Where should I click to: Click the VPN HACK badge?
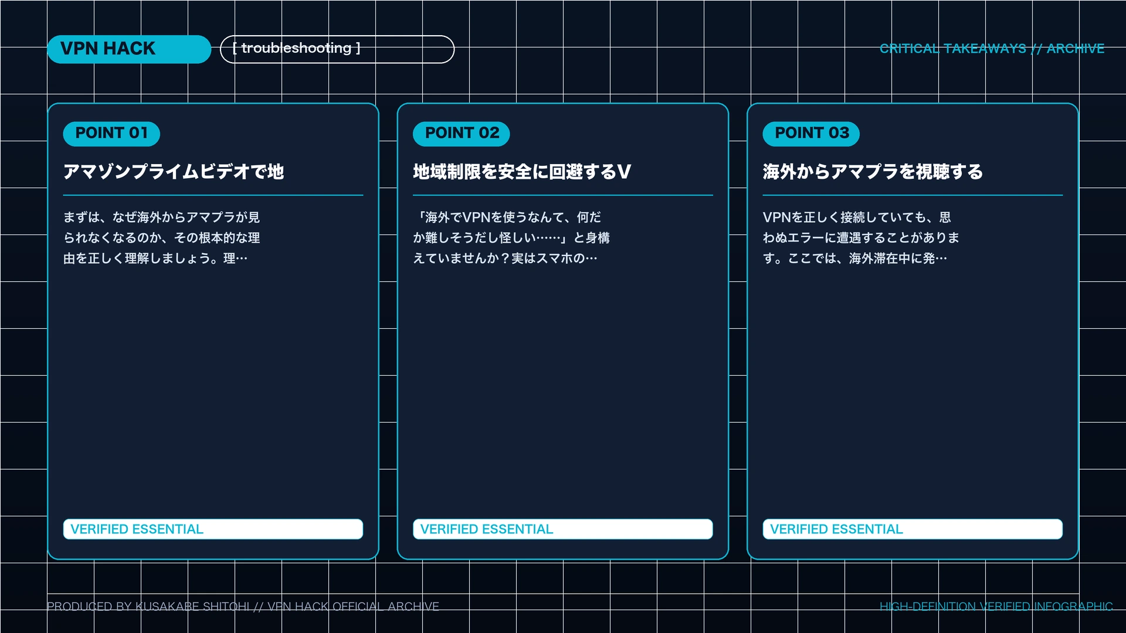(129, 49)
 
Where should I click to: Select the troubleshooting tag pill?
(337, 49)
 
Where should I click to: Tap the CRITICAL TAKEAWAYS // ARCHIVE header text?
(992, 49)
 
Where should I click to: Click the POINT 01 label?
(111, 134)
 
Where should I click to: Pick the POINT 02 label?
(462, 134)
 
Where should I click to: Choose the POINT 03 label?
(811, 134)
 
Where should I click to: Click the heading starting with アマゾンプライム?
(174, 172)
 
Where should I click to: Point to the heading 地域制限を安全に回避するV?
(522, 172)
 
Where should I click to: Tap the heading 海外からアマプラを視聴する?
(873, 172)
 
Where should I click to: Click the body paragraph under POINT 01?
(162, 238)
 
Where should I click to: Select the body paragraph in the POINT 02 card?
(511, 238)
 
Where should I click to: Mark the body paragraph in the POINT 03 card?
(861, 238)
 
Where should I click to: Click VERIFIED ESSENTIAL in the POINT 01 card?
(137, 529)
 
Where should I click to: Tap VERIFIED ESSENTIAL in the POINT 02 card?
(487, 529)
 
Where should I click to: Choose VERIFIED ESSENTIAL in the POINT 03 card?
(836, 529)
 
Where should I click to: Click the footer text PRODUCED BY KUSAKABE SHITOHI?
(148, 607)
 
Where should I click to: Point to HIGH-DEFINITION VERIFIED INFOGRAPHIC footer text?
(996, 607)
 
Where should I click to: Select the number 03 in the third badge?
(839, 133)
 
